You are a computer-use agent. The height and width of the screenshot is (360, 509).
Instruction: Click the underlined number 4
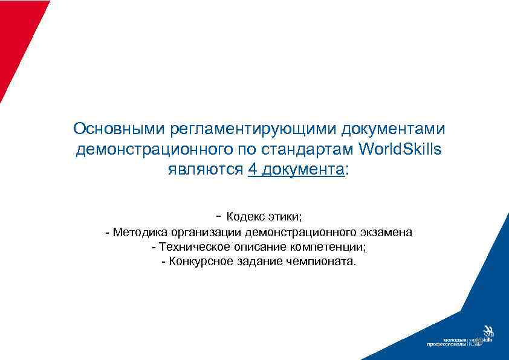252,169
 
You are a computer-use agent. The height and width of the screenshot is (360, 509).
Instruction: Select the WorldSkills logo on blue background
484,338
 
